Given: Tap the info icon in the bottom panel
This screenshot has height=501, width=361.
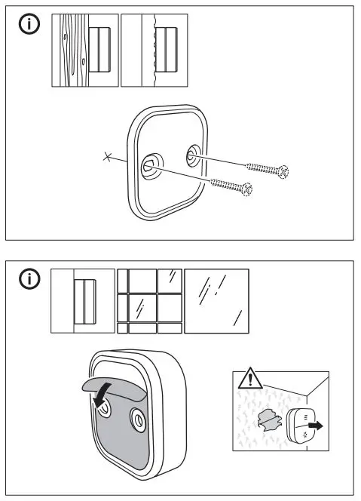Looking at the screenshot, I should click(29, 281).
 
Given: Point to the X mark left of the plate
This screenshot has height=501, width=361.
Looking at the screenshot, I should click(108, 158).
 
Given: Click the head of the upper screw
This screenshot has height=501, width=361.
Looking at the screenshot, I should click(283, 172).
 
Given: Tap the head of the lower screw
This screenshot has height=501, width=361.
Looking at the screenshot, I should click(245, 189).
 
